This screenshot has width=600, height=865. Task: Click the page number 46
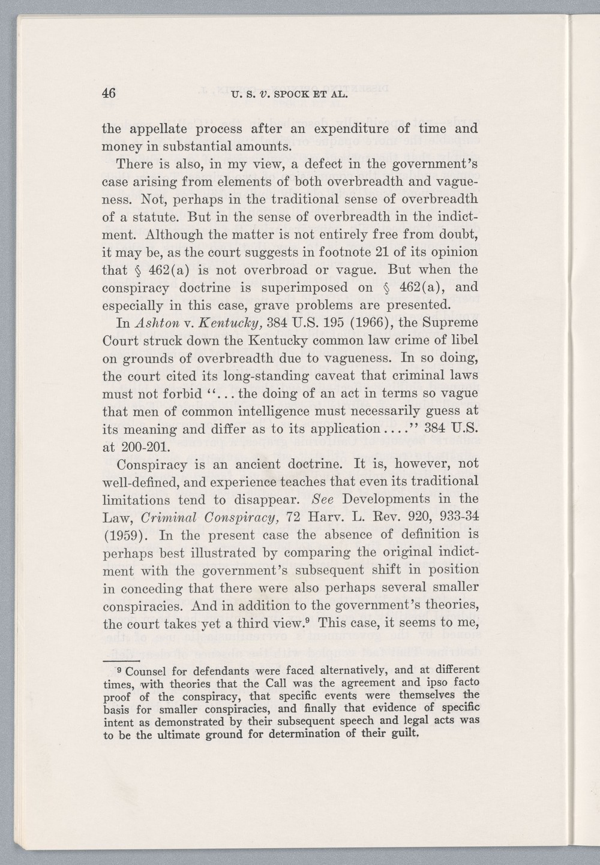click(109, 93)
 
